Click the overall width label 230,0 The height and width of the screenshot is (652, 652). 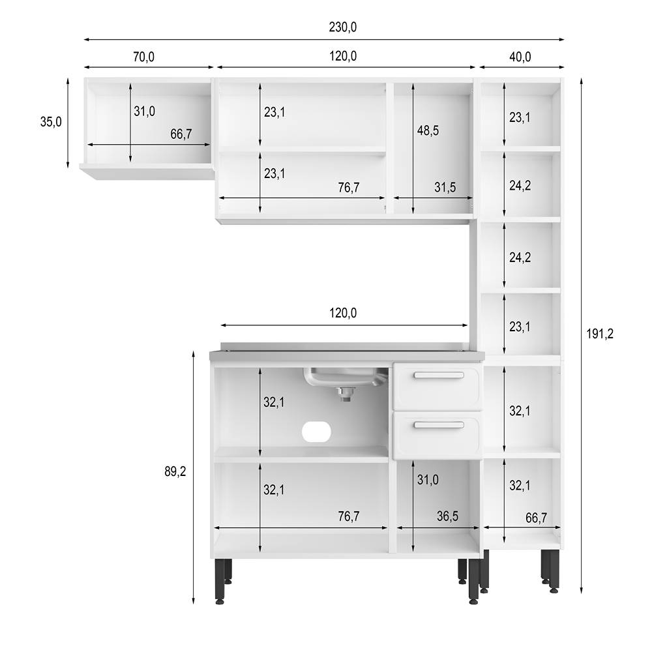(343, 27)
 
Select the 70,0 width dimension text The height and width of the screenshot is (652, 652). (143, 57)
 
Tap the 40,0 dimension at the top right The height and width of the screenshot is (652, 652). (520, 57)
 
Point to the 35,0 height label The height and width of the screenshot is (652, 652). (51, 121)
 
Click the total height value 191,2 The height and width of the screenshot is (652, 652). (600, 334)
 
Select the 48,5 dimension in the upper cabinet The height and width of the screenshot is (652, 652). (428, 130)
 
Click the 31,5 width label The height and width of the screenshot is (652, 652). (445, 188)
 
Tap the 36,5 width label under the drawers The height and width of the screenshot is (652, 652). (447, 516)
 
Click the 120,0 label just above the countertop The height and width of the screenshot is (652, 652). (343, 314)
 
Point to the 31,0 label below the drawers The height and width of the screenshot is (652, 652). (428, 481)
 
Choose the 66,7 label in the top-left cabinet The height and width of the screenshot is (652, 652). (181, 134)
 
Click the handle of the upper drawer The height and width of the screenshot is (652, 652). (439, 375)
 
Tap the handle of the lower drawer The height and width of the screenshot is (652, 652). (439, 425)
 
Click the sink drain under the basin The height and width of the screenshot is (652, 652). (346, 391)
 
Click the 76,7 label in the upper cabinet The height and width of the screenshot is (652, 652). (349, 188)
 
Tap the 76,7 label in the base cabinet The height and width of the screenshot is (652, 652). (349, 517)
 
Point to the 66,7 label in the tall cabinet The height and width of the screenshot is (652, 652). (535, 518)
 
